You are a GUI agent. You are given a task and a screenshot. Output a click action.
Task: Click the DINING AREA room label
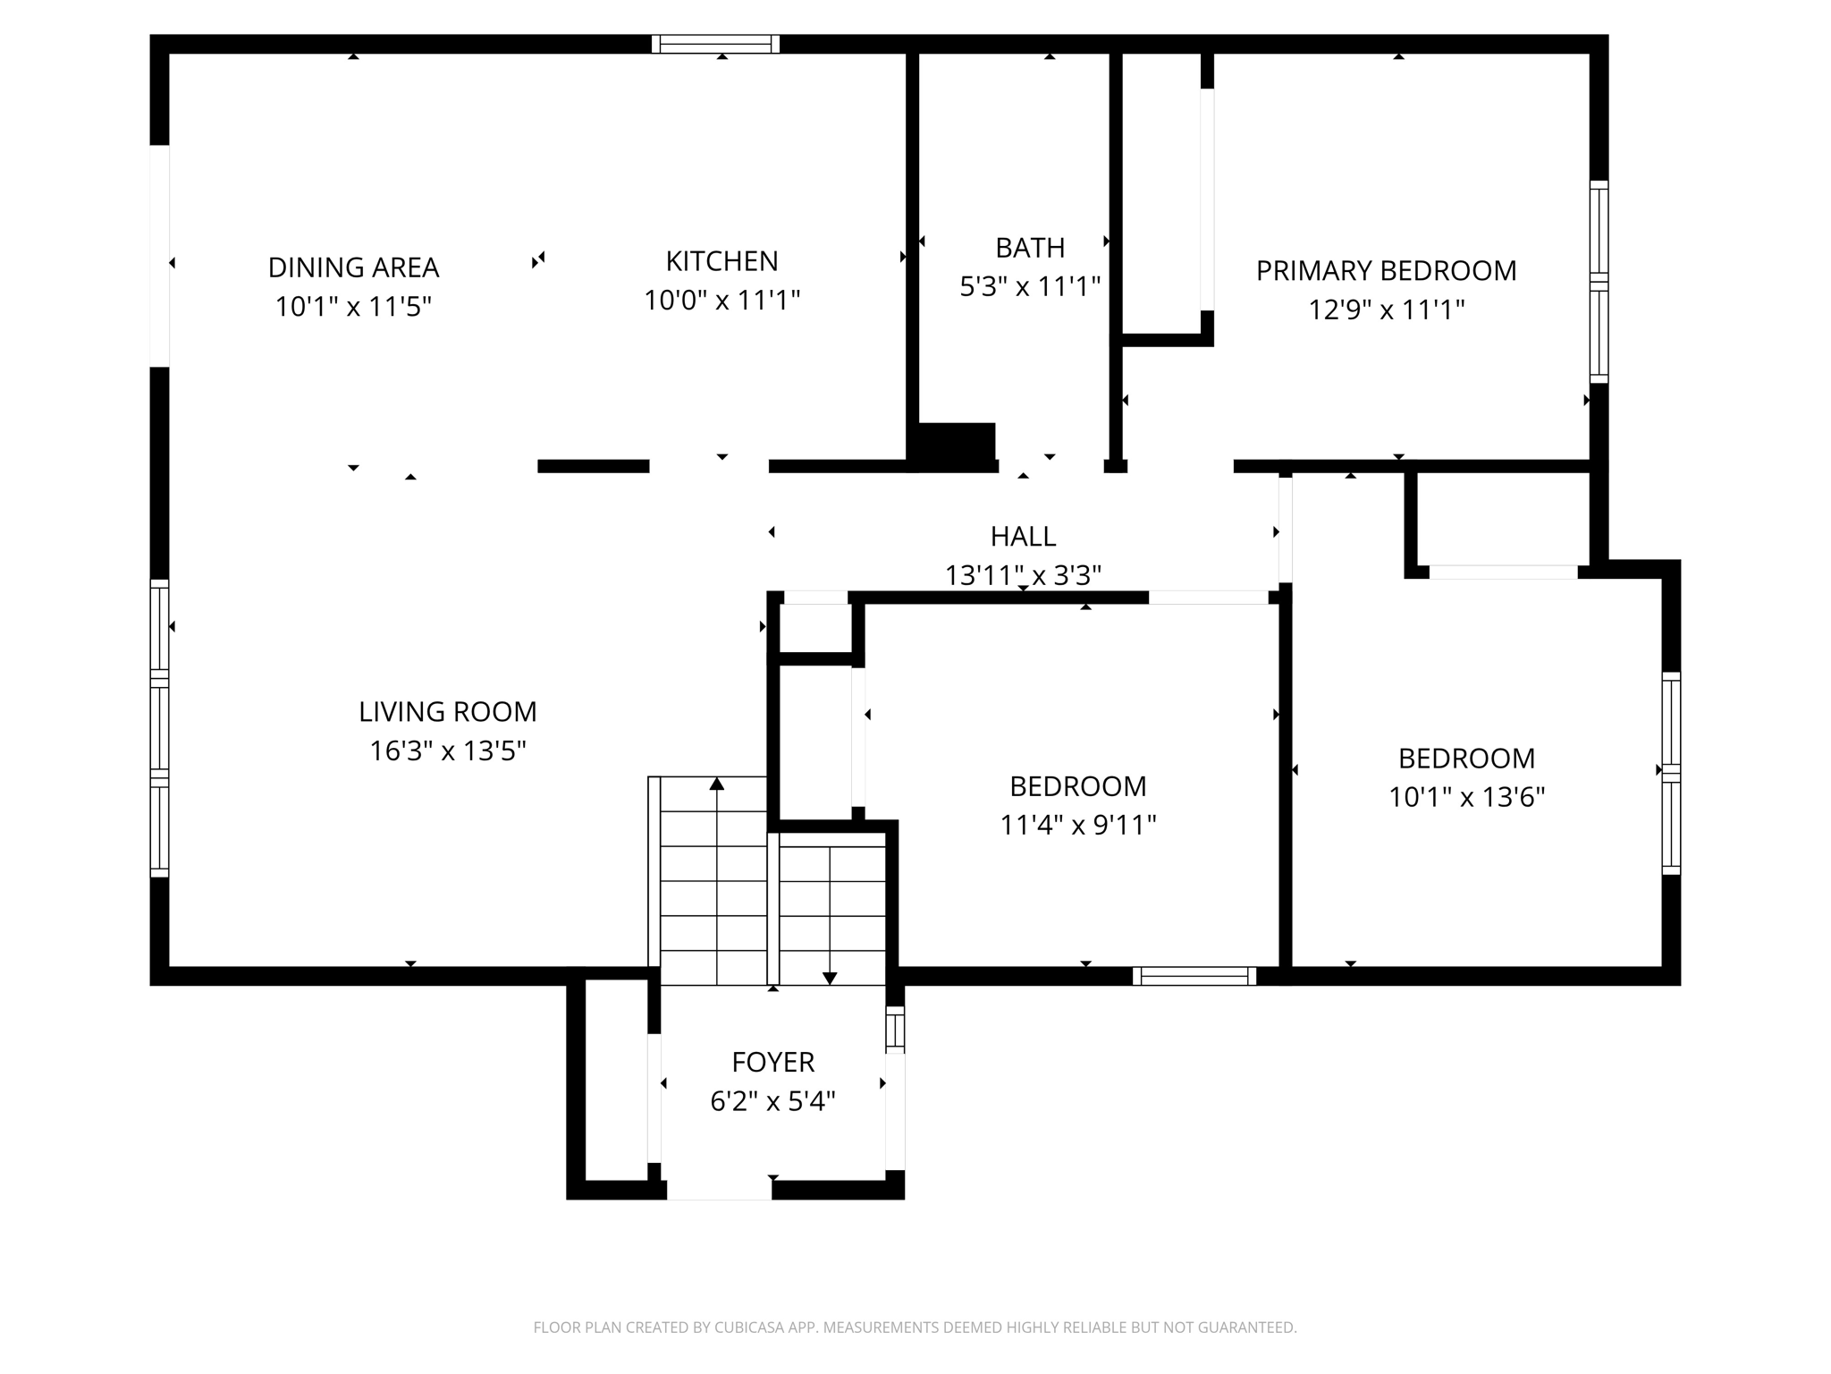[x=353, y=267]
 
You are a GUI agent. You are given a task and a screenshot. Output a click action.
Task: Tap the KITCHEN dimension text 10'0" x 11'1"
[x=721, y=301]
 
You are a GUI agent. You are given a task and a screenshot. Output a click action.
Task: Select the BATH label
[x=1030, y=248]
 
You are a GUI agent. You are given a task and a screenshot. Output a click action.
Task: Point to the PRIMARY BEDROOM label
[x=1386, y=271]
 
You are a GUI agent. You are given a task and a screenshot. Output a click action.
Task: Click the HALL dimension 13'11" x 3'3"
[x=1023, y=575]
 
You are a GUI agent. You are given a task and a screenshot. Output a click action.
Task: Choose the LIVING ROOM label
[x=447, y=712]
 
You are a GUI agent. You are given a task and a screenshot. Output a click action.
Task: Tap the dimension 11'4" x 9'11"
[x=1077, y=825]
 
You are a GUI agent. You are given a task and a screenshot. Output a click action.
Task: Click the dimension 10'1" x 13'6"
[x=1466, y=797]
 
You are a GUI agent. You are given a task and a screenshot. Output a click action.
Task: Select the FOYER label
[x=772, y=1063]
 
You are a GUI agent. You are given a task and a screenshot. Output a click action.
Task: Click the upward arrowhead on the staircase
[x=716, y=785]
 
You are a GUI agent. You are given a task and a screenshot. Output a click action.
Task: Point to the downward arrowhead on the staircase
[x=830, y=978]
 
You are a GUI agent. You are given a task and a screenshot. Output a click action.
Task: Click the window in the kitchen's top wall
[x=715, y=44]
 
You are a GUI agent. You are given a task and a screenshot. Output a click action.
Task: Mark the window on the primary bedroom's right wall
[x=1599, y=282]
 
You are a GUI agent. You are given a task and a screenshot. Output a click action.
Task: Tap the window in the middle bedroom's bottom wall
[x=1194, y=976]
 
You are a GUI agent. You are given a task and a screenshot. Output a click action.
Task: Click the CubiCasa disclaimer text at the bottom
[x=915, y=1327]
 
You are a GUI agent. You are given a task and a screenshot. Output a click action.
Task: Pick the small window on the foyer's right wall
[x=895, y=1028]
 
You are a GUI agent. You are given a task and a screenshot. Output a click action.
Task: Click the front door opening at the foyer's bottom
[x=719, y=1190]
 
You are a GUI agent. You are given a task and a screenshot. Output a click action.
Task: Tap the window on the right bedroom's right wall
[x=1671, y=773]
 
